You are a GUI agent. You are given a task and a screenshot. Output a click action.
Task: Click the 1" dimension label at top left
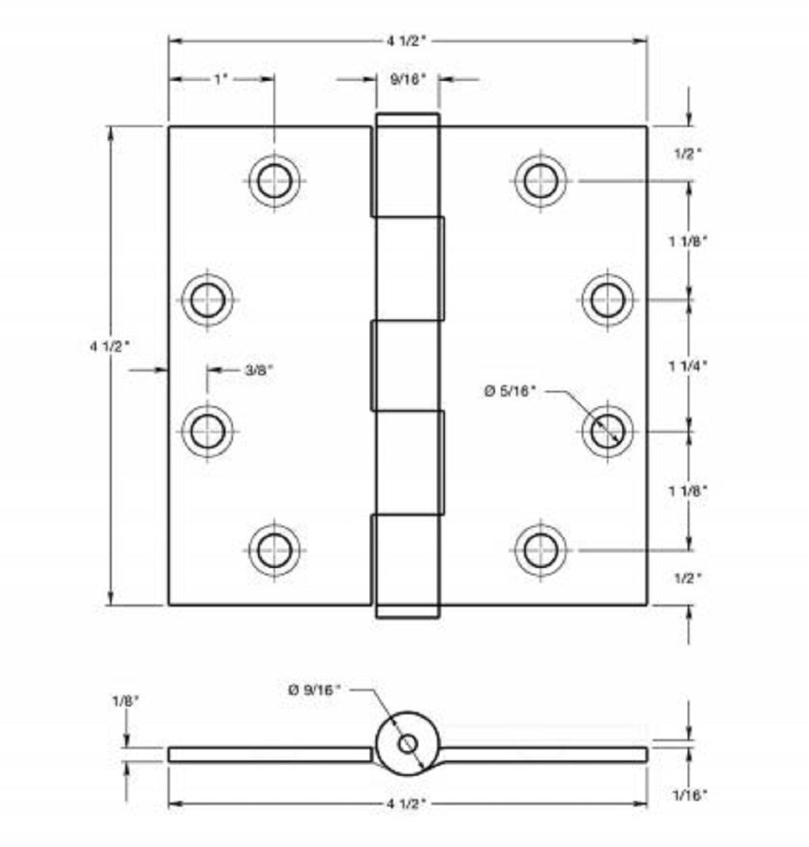tap(221, 78)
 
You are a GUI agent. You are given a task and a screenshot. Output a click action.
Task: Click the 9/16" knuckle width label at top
tap(407, 78)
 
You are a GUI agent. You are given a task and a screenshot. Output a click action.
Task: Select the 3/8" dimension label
tap(259, 370)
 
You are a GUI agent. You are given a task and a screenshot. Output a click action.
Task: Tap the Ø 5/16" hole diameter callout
tap(510, 391)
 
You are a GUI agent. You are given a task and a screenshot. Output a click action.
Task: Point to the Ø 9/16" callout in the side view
tap(316, 689)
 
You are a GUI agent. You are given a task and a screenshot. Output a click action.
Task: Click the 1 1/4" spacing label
tap(688, 365)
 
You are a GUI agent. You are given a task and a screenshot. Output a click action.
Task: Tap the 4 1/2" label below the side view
tap(407, 803)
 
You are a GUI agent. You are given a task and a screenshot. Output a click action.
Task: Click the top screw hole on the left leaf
tap(274, 180)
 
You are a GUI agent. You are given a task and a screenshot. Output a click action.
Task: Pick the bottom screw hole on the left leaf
tap(274, 550)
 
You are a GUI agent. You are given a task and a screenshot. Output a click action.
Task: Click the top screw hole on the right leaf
tap(540, 180)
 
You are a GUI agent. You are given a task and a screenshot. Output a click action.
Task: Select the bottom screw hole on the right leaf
tap(540, 550)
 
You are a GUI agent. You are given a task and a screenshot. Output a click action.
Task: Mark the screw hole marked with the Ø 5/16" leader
tap(607, 430)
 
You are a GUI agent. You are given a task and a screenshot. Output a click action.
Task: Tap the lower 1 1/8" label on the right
tap(688, 490)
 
